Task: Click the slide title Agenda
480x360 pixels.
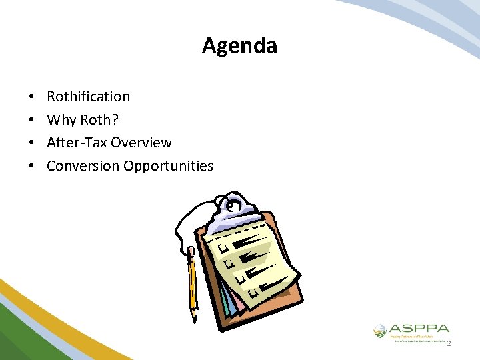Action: click(x=239, y=46)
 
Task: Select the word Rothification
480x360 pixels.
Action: click(x=88, y=97)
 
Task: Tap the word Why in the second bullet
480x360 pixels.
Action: click(x=61, y=120)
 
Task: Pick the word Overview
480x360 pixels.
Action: click(x=141, y=143)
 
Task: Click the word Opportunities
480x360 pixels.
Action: click(x=168, y=165)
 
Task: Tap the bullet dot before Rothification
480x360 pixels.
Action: click(x=33, y=97)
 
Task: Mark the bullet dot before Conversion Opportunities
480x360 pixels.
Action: click(x=33, y=166)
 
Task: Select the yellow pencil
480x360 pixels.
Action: click(x=193, y=280)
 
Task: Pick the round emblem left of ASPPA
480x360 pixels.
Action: click(x=379, y=330)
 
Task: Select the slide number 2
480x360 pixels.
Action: click(x=449, y=344)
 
